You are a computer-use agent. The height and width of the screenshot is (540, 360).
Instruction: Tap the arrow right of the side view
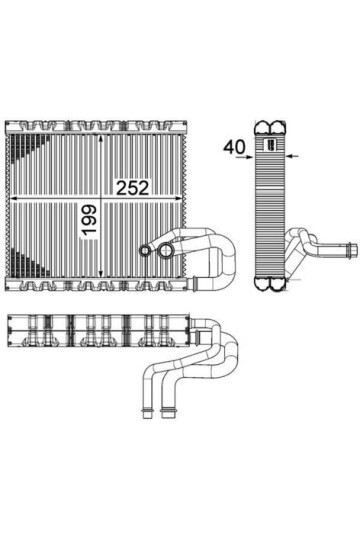tap(291, 156)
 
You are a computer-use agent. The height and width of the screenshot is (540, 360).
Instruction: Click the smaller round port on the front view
tap(145, 251)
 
